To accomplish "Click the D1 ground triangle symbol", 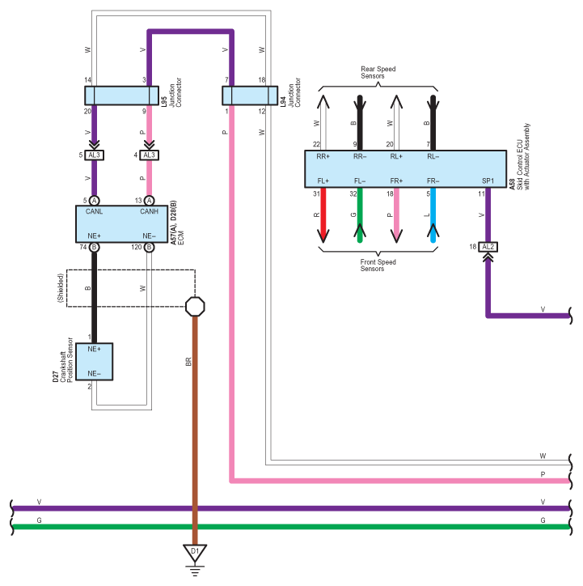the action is click(x=195, y=553).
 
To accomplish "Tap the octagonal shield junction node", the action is click(x=195, y=307).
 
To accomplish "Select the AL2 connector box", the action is click(x=488, y=247).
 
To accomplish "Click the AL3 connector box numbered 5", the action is click(x=94, y=155).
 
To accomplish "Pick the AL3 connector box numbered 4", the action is click(x=149, y=155).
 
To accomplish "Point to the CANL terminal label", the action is click(x=94, y=211).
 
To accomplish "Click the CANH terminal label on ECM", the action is click(x=149, y=211).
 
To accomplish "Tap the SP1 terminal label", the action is click(x=488, y=180).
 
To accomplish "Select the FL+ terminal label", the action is click(x=323, y=180).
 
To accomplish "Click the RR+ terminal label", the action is click(x=323, y=156).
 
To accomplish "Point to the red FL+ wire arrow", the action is click(x=323, y=215).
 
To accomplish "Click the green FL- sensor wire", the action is click(x=360, y=215).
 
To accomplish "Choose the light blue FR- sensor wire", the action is click(x=433, y=215).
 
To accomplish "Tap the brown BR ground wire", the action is click(x=195, y=431).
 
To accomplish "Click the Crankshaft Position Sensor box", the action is click(x=94, y=362).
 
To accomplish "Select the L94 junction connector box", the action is click(x=250, y=96).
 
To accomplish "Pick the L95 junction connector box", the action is click(x=121, y=96).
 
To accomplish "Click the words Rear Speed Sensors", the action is click(x=378, y=72).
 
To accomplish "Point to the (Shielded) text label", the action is click(x=61, y=288).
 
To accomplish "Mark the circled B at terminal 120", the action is click(x=149, y=247).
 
